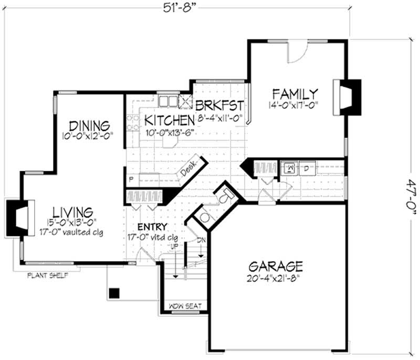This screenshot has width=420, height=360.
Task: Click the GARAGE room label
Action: [276, 265]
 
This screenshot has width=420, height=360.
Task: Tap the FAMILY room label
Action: [295, 94]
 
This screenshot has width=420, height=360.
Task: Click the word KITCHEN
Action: [166, 119]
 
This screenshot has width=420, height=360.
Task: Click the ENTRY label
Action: [153, 227]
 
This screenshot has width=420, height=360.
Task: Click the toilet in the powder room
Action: [224, 197]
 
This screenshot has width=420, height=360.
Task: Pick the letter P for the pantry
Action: [130, 179]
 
